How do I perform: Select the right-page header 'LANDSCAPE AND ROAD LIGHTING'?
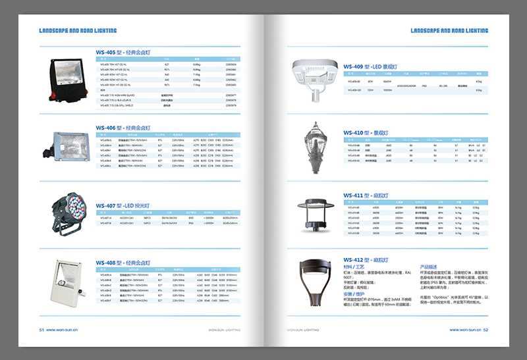[449, 30]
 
